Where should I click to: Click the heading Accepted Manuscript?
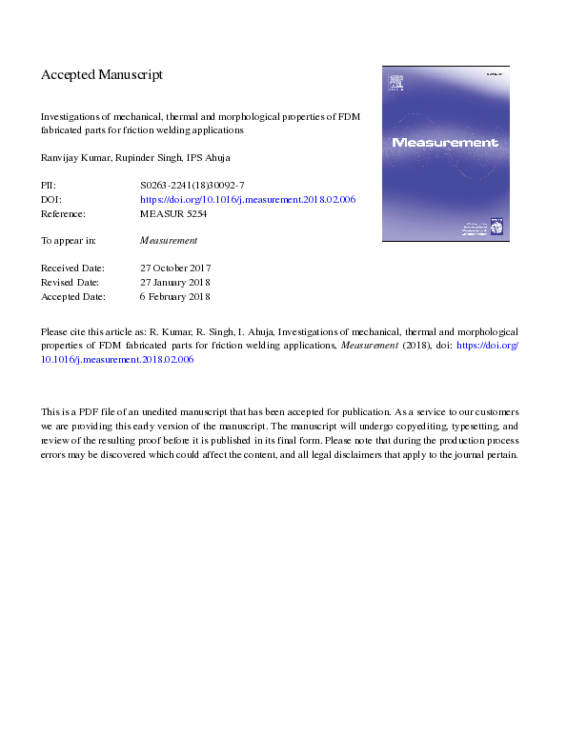(102, 74)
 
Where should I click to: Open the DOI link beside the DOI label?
(248, 200)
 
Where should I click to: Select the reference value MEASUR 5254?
(173, 214)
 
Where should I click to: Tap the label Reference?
(65, 214)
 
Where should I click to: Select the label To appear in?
(70, 241)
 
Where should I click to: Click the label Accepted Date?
(72, 297)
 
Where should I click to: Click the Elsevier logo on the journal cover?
(396, 86)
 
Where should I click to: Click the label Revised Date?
(71, 283)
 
